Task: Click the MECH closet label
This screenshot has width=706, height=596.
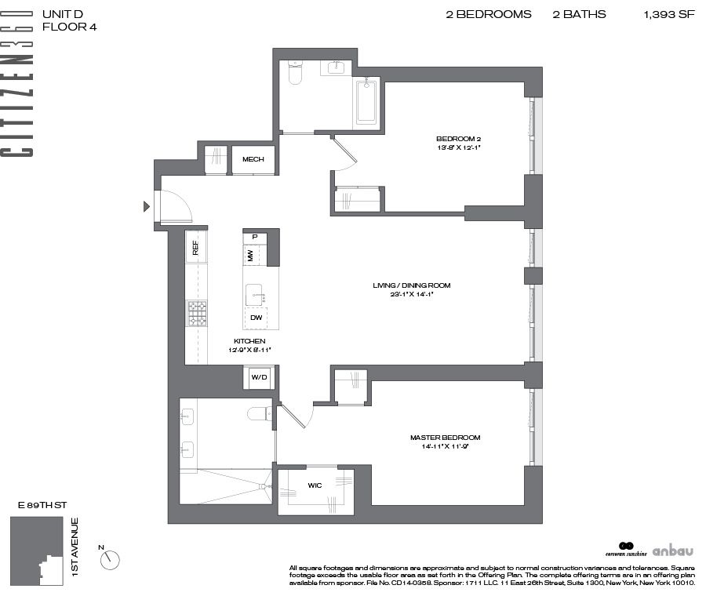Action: click(253, 160)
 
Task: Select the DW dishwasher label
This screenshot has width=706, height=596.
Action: click(256, 318)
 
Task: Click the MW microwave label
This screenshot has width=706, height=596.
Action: click(250, 255)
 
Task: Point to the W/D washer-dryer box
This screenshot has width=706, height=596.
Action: click(259, 378)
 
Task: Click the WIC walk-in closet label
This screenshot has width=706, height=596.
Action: click(315, 485)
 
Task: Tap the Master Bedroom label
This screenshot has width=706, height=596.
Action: click(445, 438)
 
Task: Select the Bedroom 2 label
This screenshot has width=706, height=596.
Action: click(459, 139)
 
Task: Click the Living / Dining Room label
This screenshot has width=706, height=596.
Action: click(411, 285)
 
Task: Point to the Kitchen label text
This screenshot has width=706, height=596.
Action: click(249, 341)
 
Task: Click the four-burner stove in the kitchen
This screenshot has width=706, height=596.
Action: click(197, 314)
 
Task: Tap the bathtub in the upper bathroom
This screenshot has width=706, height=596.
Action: click(366, 101)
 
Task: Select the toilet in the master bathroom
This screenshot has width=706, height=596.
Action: click(258, 413)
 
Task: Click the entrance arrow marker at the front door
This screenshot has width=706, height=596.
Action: click(145, 207)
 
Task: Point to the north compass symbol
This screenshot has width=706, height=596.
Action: click(111, 559)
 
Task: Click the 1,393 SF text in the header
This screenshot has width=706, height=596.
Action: click(669, 15)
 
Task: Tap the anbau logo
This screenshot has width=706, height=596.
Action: click(673, 550)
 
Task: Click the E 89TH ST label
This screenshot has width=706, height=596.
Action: click(37, 507)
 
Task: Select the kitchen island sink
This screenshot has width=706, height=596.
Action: click(255, 296)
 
